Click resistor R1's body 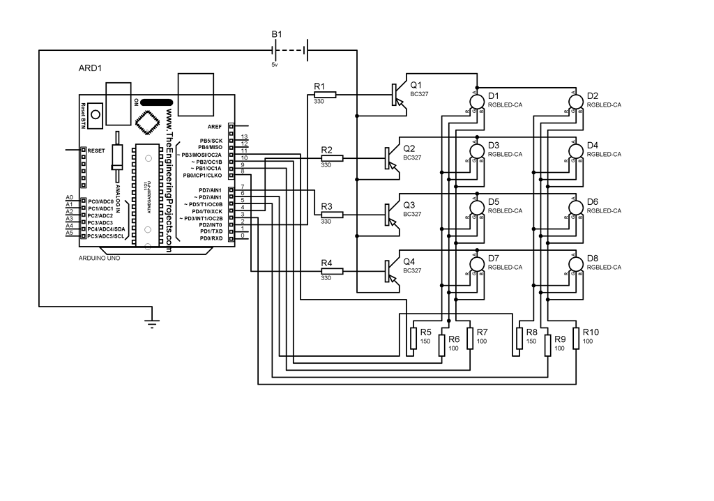[325, 95]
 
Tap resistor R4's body [332, 271]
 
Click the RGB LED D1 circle [478, 101]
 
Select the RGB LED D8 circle [576, 264]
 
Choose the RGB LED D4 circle [576, 151]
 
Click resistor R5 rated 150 [413, 338]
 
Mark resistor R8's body [519, 338]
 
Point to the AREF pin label [215, 126]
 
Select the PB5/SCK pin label [211, 140]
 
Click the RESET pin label [96, 150]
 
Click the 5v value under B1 [275, 64]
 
